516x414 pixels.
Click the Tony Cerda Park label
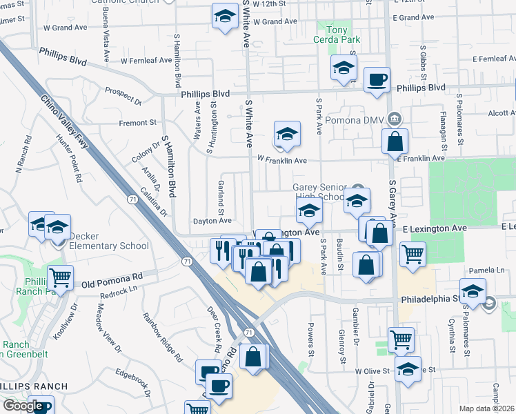coord(339,35)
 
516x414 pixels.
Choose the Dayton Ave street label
coord(212,221)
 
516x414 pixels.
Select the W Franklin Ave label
coord(281,160)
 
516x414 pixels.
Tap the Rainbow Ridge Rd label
coord(162,337)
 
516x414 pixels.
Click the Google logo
coord(22,406)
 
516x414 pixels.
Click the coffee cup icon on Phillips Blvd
coord(377,79)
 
